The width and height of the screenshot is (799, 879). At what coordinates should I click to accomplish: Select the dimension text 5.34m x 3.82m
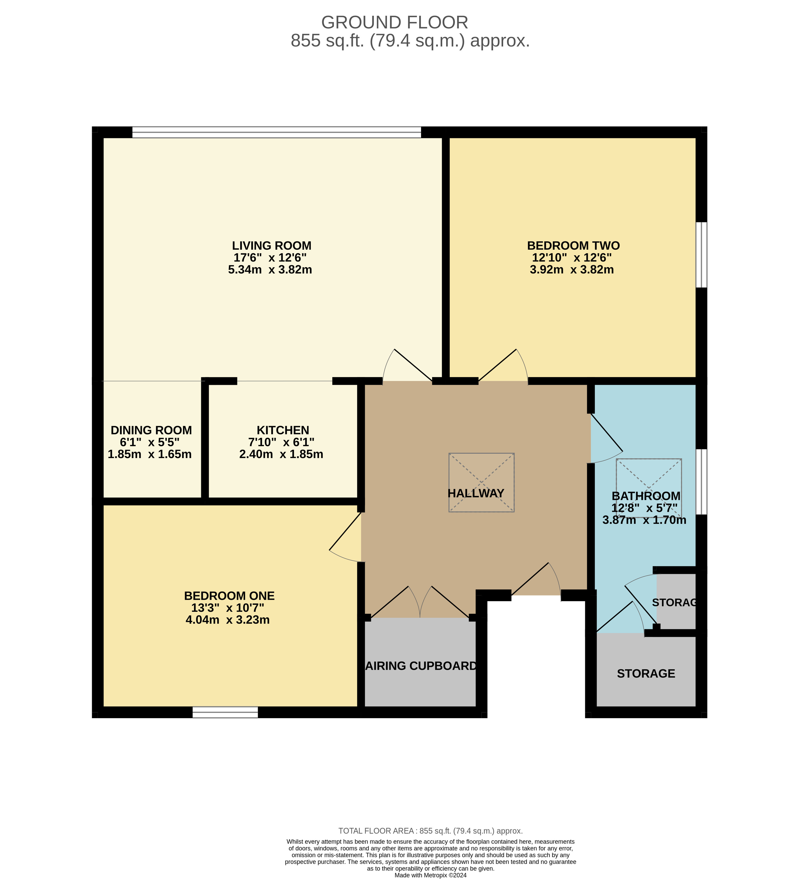point(270,269)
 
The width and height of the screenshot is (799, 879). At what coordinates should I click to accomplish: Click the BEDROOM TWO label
point(573,246)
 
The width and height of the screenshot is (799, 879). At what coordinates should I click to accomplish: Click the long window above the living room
point(276,132)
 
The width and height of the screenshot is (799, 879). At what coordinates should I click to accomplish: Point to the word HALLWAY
point(476,493)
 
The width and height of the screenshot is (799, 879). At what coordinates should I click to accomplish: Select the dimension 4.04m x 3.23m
point(227,619)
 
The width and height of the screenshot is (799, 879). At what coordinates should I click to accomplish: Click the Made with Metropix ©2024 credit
point(430,875)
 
